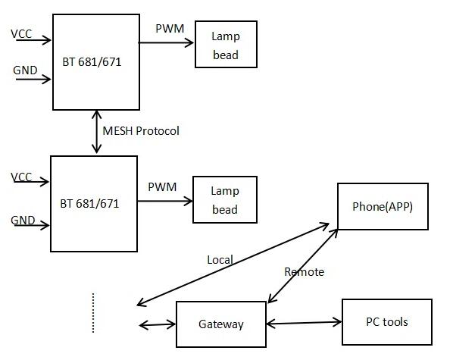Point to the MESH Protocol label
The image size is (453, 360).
pyautogui.click(x=141, y=131)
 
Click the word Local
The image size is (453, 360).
pyautogui.click(x=220, y=260)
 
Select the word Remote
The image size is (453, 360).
pyautogui.click(x=305, y=272)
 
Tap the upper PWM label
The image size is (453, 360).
pyautogui.click(x=170, y=28)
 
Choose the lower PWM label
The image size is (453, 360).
pyautogui.click(x=162, y=186)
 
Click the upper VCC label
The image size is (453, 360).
pyautogui.click(x=21, y=34)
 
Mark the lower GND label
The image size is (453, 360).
pyautogui.click(x=23, y=221)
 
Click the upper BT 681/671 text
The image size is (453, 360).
pyautogui.click(x=92, y=62)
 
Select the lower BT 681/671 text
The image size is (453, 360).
pyautogui.click(x=89, y=204)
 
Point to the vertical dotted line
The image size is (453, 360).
pyautogui.click(x=93, y=313)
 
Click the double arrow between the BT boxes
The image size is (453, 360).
pyautogui.click(x=96, y=132)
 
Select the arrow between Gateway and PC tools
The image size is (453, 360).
pyautogui.click(x=304, y=322)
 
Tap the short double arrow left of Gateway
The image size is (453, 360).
pyautogui.click(x=158, y=324)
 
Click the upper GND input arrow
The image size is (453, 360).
pyautogui.click(x=33, y=79)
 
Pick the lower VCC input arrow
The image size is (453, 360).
pyautogui.click(x=31, y=182)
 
